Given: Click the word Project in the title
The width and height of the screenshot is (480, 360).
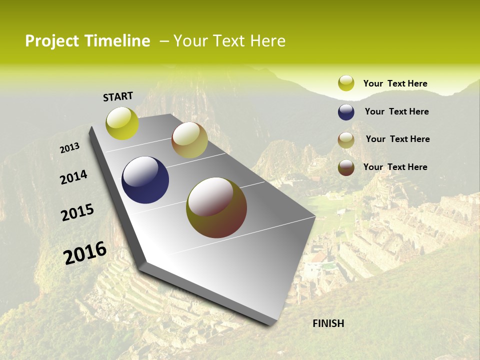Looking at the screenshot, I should (52, 41).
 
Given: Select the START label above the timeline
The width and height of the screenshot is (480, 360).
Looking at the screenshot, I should (118, 96).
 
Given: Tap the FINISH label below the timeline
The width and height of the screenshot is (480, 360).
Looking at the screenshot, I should (328, 323).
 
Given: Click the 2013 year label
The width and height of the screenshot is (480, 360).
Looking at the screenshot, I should (69, 147).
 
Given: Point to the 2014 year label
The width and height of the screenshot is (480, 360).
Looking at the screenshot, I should (73, 177).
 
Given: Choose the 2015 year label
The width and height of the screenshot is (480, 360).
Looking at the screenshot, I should (77, 212).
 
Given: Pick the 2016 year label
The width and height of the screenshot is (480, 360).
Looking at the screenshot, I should (85, 252).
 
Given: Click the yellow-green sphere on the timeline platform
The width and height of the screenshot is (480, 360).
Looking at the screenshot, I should (122, 123).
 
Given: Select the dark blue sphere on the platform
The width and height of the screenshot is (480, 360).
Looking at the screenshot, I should (145, 180).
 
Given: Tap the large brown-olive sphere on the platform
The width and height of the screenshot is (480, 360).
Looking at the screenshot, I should (216, 207).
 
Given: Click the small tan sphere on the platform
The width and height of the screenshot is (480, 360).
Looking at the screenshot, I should (189, 140).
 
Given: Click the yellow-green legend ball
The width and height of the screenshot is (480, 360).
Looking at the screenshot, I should (346, 83).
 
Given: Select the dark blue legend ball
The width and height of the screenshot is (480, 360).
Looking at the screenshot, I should (346, 112).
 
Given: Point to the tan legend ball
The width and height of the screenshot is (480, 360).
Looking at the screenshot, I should (346, 140).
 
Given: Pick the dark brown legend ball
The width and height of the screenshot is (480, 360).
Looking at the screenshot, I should (346, 167).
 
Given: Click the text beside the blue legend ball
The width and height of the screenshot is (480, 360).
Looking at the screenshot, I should (396, 111).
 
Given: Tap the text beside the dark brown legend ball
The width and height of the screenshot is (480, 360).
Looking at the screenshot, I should (395, 167).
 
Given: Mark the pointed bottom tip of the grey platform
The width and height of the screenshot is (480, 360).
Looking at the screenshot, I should (272, 324).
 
